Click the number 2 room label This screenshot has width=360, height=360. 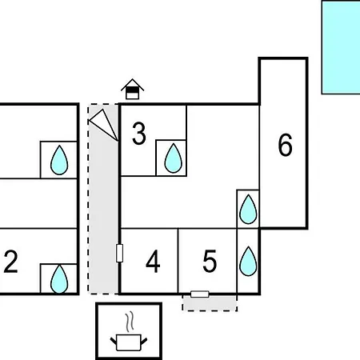click(10, 262)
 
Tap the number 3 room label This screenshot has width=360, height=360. click(139, 134)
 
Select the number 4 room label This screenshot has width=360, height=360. click(153, 262)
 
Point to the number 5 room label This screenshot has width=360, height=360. click(210, 262)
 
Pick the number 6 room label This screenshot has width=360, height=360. click(285, 145)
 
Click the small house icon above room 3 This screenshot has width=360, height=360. click(132, 89)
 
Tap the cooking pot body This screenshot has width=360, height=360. click(129, 342)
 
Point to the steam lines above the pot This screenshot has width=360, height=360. click(130, 322)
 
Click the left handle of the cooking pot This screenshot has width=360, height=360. click(114, 341)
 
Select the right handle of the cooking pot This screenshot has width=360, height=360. click(144, 341)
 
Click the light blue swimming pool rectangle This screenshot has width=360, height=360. click(341, 47)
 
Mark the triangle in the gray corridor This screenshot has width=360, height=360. click(104, 125)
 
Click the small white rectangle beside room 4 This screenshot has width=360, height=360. click(120, 253)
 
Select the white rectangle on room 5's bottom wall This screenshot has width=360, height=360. click(200, 294)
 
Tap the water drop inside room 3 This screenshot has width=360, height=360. click(174, 158)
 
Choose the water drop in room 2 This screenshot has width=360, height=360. click(59, 278)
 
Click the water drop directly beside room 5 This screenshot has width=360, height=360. click(248, 262)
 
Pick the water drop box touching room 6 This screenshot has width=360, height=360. click(248, 209)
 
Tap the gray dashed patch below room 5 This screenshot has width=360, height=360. click(210, 303)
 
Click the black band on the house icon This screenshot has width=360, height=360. click(132, 90)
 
